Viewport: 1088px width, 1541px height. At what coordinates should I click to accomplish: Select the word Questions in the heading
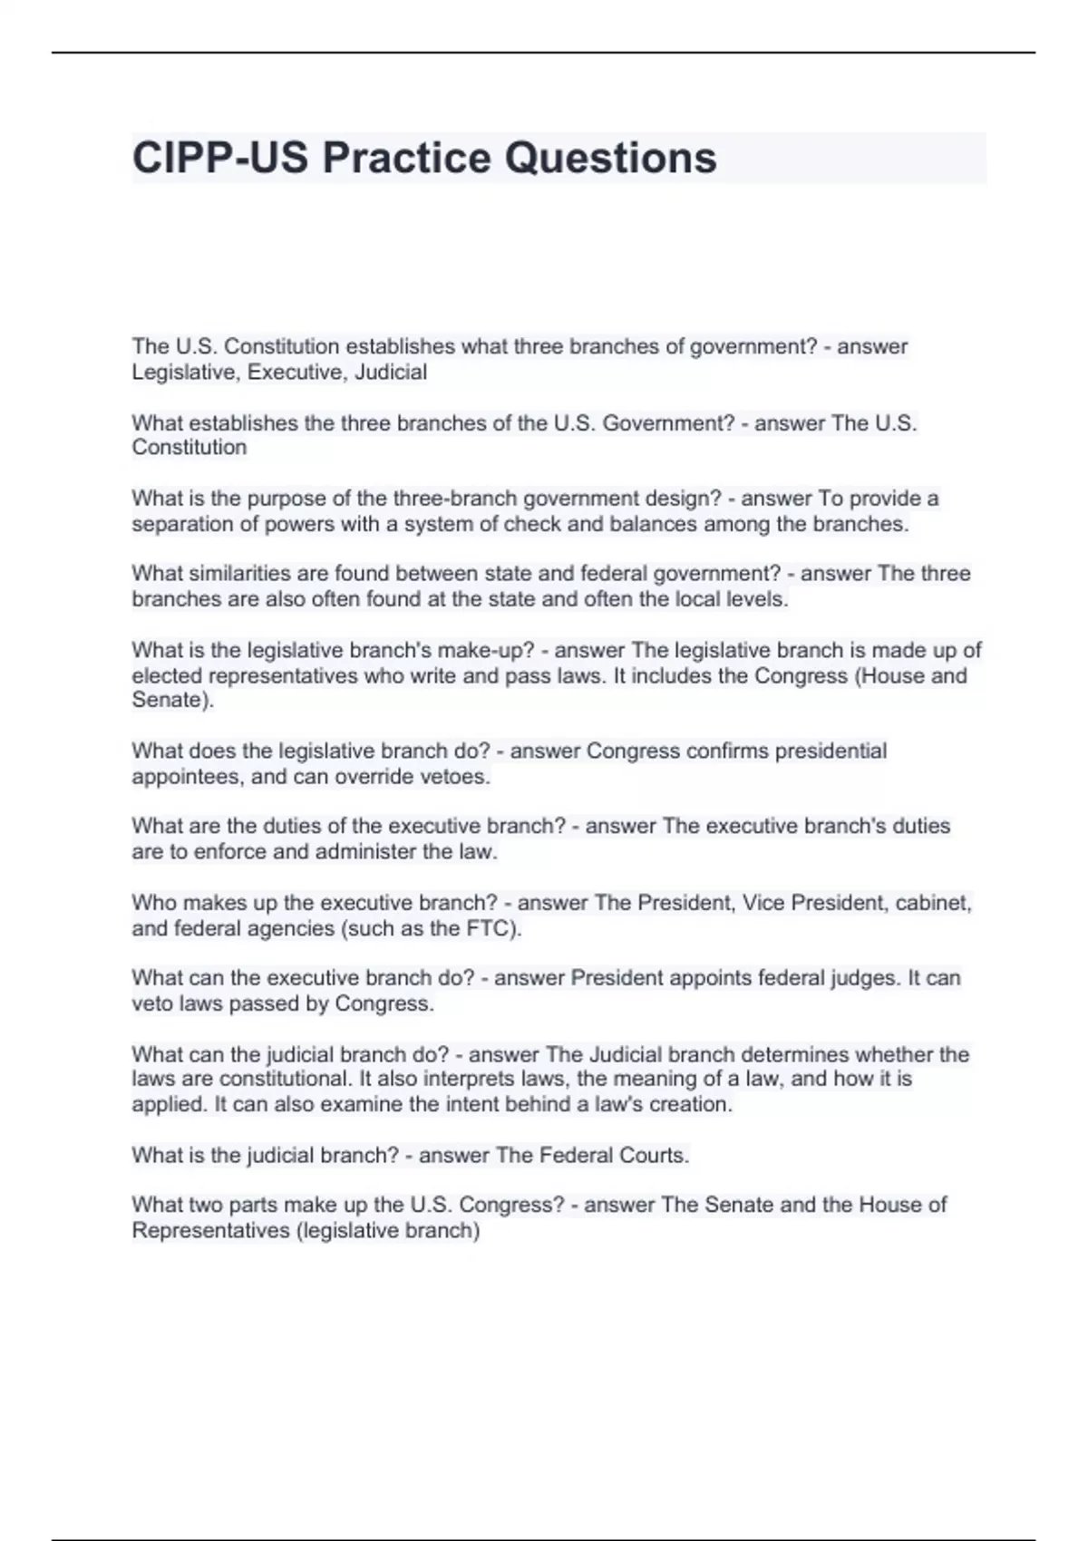click(x=611, y=158)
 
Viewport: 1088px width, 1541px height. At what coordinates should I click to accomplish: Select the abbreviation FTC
click(x=491, y=928)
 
